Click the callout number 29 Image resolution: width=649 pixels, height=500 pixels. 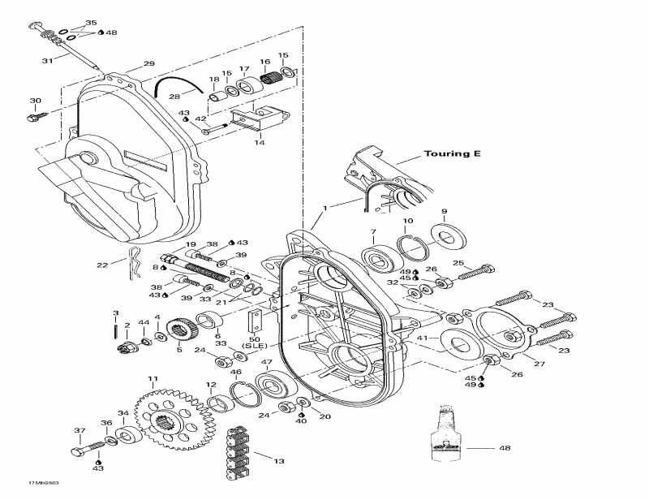[148, 63]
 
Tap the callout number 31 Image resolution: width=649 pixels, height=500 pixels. [48, 61]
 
